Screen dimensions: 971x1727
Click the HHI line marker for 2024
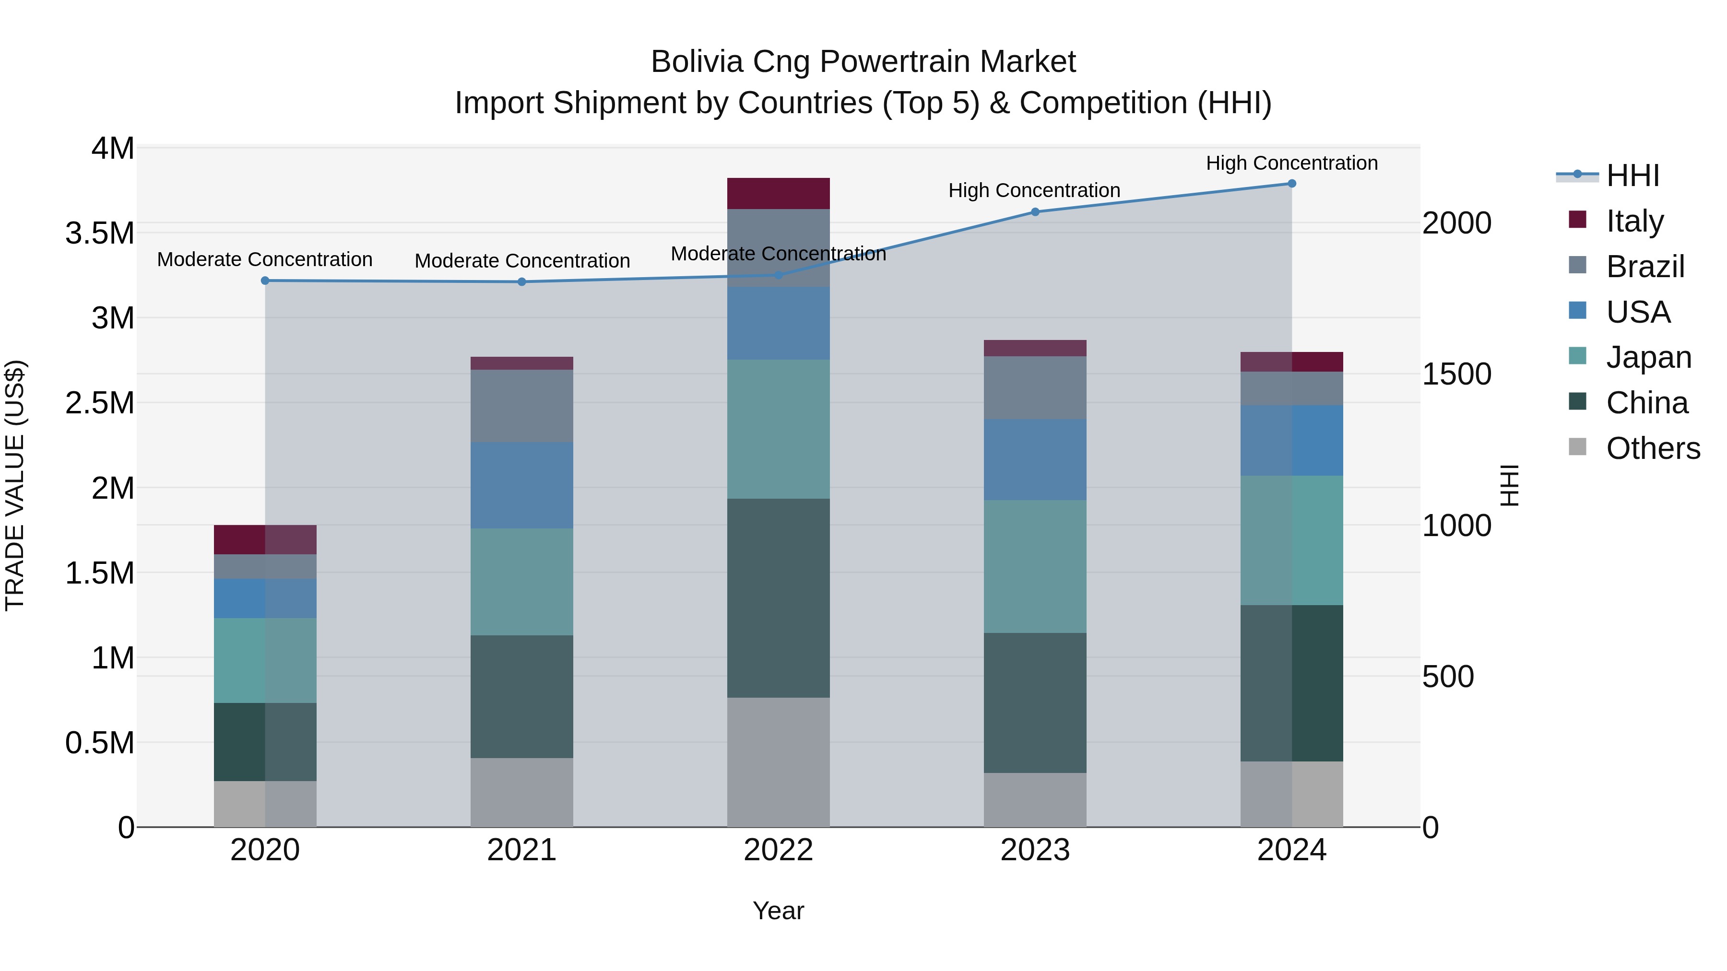(1291, 184)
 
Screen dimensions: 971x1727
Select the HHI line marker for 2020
(265, 281)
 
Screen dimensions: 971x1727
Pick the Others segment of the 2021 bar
(521, 792)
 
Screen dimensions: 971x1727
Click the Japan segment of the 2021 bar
(521, 582)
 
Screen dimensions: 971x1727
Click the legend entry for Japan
(1648, 357)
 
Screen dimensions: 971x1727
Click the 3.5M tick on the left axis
(99, 233)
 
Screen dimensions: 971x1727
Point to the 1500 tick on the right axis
(1456, 374)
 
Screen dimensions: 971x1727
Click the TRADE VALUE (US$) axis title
(15, 485)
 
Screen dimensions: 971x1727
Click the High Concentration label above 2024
(1291, 163)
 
